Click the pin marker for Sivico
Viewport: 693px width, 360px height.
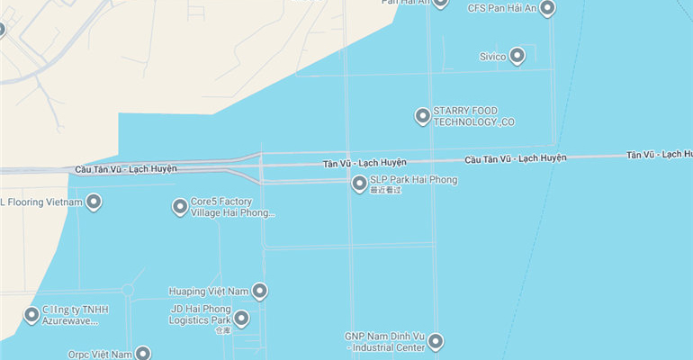pyautogui.click(x=517, y=56)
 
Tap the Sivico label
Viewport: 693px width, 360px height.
pyautogui.click(x=492, y=56)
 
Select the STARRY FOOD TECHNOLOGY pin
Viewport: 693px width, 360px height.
pyautogui.click(x=422, y=115)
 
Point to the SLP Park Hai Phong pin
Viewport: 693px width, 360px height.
pyautogui.click(x=359, y=184)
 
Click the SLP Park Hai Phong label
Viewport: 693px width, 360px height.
pyautogui.click(x=413, y=180)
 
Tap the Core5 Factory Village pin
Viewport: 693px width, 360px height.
pyautogui.click(x=180, y=207)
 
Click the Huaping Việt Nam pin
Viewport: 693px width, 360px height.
pyautogui.click(x=259, y=291)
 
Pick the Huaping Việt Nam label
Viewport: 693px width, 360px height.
pyautogui.click(x=208, y=292)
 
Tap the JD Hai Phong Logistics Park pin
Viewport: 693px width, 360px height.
pyautogui.click(x=241, y=318)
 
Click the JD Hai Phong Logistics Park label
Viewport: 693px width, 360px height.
pyautogui.click(x=202, y=314)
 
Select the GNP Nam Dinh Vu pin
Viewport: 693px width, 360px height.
pyautogui.click(x=436, y=341)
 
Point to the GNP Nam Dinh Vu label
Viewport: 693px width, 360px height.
pyautogui.click(x=384, y=342)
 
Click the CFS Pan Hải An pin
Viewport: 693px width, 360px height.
pyautogui.click(x=546, y=8)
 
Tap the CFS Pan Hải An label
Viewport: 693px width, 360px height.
pyautogui.click(x=502, y=8)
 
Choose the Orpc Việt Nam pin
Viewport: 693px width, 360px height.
pyautogui.click(x=142, y=354)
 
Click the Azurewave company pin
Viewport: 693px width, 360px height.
pyautogui.click(x=32, y=314)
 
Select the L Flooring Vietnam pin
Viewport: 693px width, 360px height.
pyautogui.click(x=93, y=202)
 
